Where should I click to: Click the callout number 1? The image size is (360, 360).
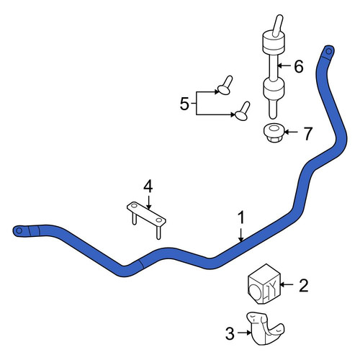(241, 217)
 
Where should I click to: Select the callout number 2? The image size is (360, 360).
(303, 286)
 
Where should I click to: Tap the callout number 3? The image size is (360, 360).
(230, 333)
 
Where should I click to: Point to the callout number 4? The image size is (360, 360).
(148, 186)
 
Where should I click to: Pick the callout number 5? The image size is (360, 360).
(184, 104)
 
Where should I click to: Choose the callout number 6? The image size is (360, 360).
(299, 66)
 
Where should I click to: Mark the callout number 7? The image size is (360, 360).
(308, 133)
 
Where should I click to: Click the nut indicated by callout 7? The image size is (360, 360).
(274, 132)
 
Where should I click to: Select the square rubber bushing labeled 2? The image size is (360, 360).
(264, 284)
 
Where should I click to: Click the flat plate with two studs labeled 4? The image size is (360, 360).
(146, 217)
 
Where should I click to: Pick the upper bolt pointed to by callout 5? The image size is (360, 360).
(225, 86)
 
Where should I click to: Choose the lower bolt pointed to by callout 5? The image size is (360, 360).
(243, 111)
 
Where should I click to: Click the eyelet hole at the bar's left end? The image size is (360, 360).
(19, 230)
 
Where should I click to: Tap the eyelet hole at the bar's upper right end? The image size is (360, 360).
(329, 51)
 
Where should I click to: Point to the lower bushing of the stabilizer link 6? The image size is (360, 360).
(274, 89)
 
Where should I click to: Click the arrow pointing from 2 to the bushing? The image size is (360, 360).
(287, 284)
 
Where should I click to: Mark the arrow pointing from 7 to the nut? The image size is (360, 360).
(291, 132)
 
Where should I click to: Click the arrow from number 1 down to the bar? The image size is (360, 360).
(241, 233)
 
